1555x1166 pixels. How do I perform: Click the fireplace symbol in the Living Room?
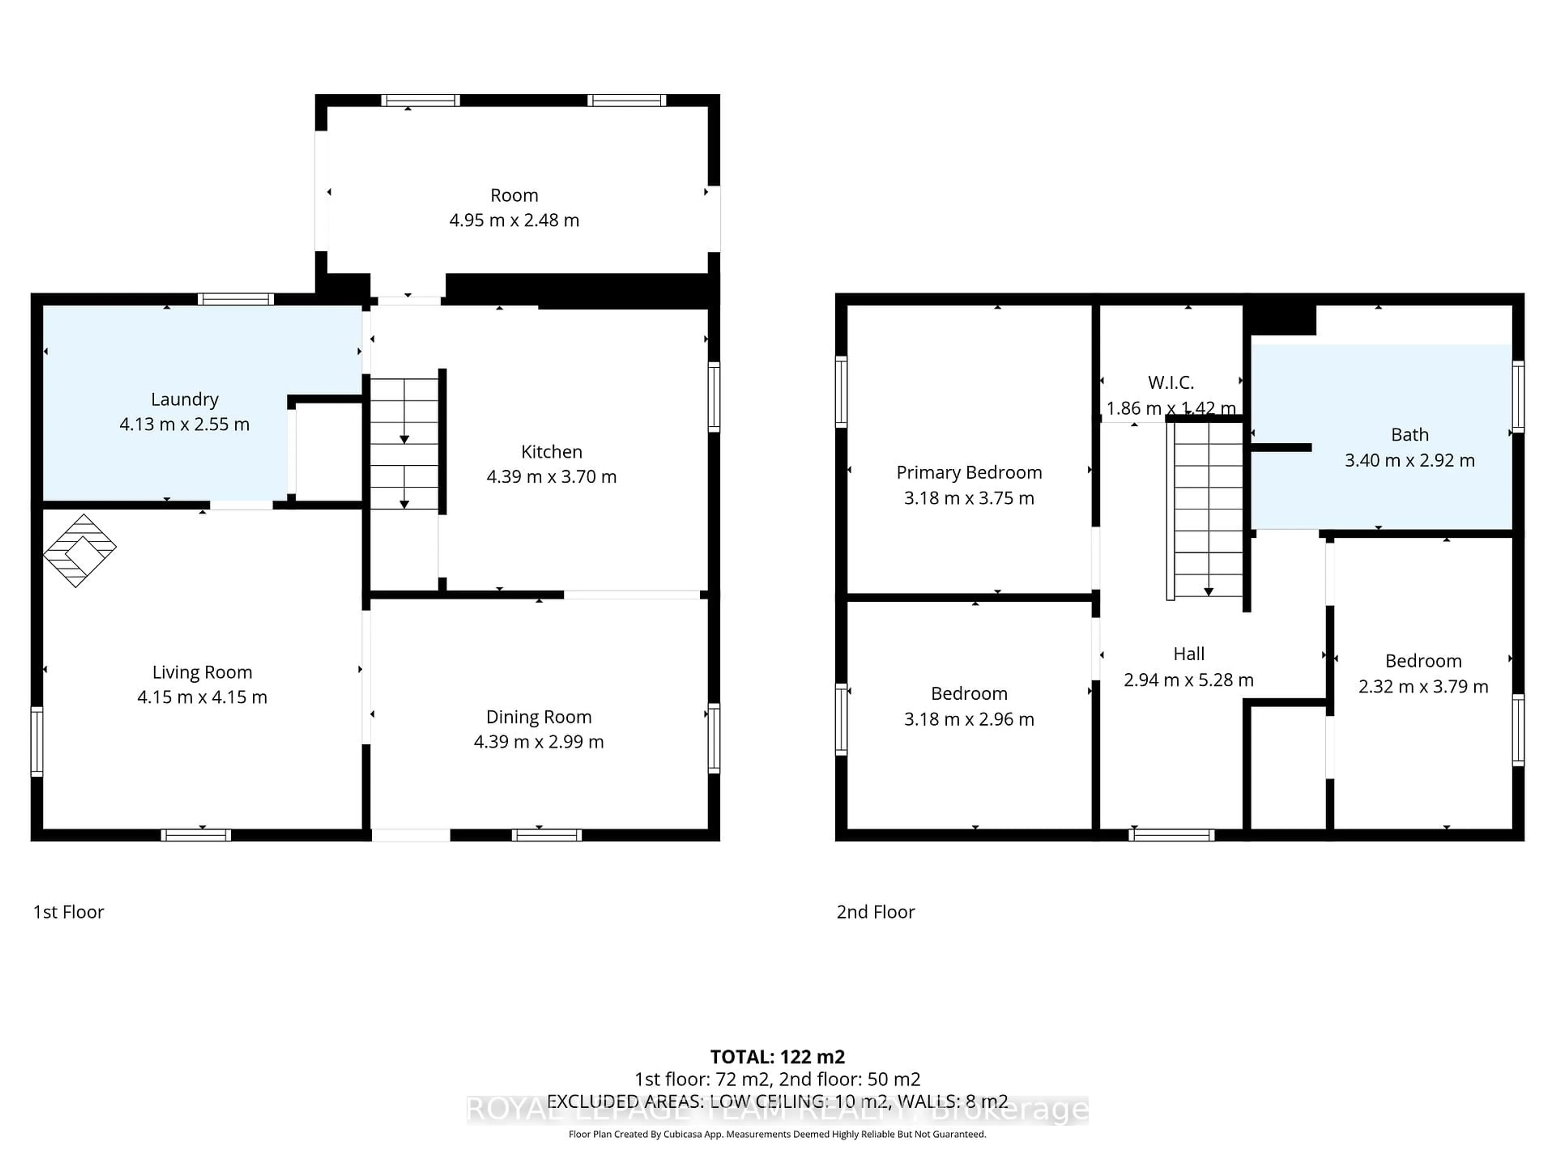tap(79, 550)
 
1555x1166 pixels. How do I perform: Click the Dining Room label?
tap(539, 717)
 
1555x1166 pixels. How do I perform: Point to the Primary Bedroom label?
tap(969, 472)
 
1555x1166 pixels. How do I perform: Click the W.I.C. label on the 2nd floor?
tap(1170, 383)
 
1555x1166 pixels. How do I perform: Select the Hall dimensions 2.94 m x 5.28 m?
tap(1188, 680)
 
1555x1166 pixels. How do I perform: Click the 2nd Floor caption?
tap(875, 912)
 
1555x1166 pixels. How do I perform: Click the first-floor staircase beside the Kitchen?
tap(404, 443)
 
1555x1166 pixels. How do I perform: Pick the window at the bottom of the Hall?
tap(1171, 835)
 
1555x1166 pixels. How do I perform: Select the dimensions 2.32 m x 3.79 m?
tap(1423, 687)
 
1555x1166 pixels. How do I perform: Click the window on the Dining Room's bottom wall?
tap(546, 835)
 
